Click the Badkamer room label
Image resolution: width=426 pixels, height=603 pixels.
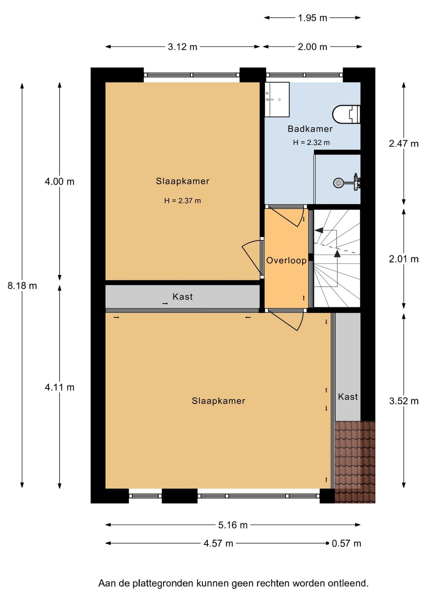310,129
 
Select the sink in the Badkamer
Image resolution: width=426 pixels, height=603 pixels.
277,100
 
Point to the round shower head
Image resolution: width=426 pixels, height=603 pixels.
338,183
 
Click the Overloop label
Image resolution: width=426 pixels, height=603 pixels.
286,261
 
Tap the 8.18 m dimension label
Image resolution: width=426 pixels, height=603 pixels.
22,286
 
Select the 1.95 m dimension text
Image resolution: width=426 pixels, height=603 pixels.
312,18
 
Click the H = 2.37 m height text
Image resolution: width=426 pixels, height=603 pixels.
183,201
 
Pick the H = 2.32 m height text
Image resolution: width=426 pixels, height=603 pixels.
311,143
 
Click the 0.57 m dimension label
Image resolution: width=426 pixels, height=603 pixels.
346,543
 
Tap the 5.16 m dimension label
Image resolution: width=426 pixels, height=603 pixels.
233,525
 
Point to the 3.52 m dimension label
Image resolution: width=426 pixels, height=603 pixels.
404,401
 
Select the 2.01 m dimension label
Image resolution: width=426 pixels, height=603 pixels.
404,259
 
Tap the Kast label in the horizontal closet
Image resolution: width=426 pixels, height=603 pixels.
183,297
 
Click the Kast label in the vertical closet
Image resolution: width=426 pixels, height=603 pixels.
348,396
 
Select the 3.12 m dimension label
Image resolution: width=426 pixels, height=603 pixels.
182,47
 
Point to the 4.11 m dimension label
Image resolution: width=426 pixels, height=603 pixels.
60,387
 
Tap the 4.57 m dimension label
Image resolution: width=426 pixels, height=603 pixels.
218,543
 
